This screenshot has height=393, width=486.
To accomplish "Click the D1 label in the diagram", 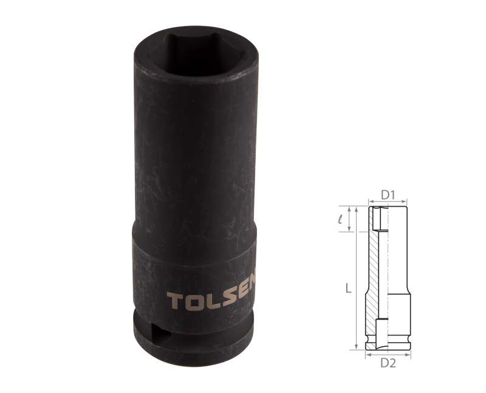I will click(x=388, y=195).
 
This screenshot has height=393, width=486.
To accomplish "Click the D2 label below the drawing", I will click(x=388, y=363).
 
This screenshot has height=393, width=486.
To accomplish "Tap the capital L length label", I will click(x=347, y=289).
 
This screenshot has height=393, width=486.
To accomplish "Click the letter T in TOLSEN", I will click(x=173, y=301).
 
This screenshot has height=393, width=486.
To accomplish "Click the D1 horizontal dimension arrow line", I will click(x=388, y=202).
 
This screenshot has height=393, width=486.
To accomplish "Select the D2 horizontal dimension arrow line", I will click(x=388, y=356).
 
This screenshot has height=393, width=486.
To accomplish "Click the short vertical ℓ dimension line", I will click(x=349, y=219).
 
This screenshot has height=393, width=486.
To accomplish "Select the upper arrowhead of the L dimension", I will click(x=355, y=210).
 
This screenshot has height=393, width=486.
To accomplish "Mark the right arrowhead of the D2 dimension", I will click(x=408, y=356).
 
